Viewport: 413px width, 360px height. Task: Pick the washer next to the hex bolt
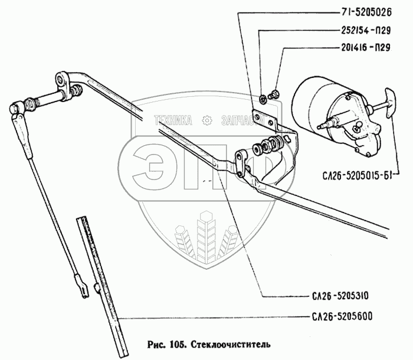263,98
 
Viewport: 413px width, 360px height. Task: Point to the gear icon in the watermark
207,120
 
